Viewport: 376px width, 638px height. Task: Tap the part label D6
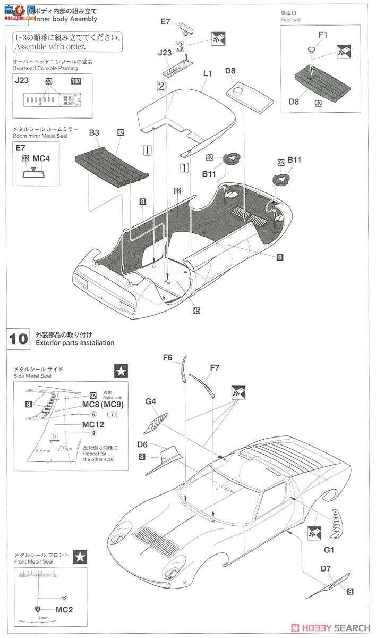click(142, 445)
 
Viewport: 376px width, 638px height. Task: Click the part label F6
click(168, 358)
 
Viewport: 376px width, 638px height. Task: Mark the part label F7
click(215, 367)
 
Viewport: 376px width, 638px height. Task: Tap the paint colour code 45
click(196, 311)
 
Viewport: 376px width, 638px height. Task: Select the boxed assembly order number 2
click(161, 85)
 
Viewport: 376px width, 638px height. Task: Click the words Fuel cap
click(290, 19)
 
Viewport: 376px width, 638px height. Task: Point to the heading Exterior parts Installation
click(75, 343)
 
